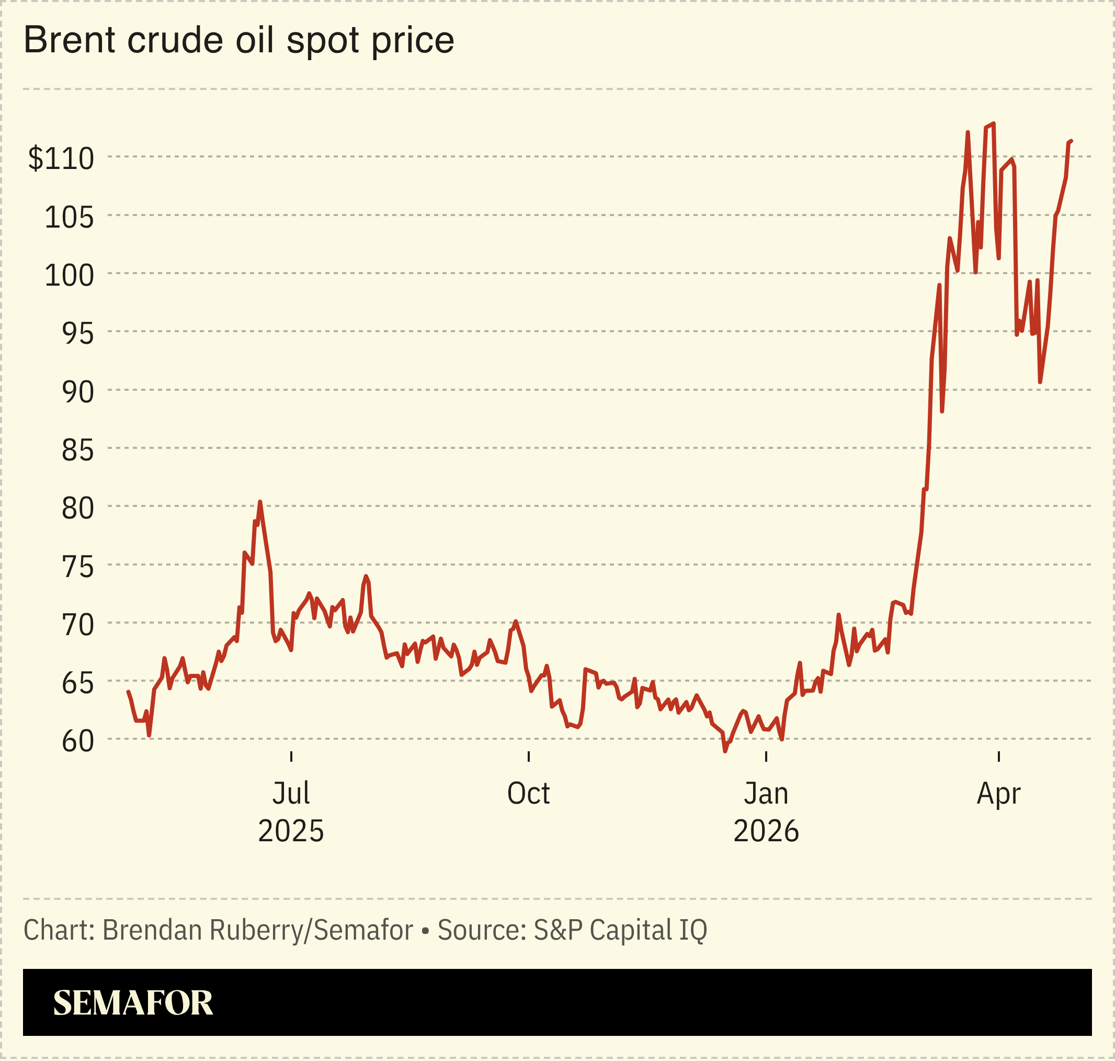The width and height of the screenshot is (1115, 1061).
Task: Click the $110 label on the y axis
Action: pyautogui.click(x=61, y=159)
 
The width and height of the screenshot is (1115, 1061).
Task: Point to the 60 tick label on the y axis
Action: pyautogui.click(x=77, y=741)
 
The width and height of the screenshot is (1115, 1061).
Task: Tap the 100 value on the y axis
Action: pyautogui.click(x=69, y=275)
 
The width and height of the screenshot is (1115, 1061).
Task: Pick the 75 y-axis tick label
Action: pyautogui.click(x=77, y=567)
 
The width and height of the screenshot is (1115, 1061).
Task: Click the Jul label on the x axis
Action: pyautogui.click(x=291, y=794)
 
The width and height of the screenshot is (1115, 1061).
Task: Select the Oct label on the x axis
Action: pyautogui.click(x=528, y=794)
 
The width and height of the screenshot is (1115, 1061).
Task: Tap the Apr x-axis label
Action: pyautogui.click(x=998, y=794)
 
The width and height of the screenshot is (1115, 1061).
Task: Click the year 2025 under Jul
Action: pyautogui.click(x=291, y=831)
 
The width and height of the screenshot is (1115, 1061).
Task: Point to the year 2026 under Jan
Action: pyautogui.click(x=766, y=831)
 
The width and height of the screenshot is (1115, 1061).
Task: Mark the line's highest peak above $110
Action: pyautogui.click(x=994, y=123)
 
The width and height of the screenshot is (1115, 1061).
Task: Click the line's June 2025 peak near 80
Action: pyautogui.click(x=259, y=502)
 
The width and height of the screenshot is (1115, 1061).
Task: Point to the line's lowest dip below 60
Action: pyautogui.click(x=725, y=751)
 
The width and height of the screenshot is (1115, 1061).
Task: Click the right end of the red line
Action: pyautogui.click(x=1071, y=141)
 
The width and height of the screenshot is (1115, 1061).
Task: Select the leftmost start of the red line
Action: pyautogui.click(x=128, y=692)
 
